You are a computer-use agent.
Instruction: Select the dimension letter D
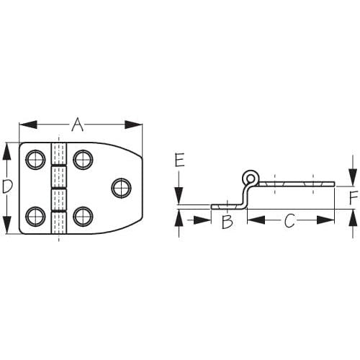[x=8, y=187]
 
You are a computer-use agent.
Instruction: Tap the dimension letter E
[x=180, y=160]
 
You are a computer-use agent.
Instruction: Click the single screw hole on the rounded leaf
[x=120, y=188]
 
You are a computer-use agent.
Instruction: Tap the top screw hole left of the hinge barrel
[x=35, y=160]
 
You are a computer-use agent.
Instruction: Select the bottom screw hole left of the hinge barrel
[x=35, y=216]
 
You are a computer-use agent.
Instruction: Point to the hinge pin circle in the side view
[x=250, y=176]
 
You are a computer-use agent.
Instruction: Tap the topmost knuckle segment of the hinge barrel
[x=58, y=155]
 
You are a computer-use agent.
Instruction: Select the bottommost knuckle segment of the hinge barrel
[x=58, y=223]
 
